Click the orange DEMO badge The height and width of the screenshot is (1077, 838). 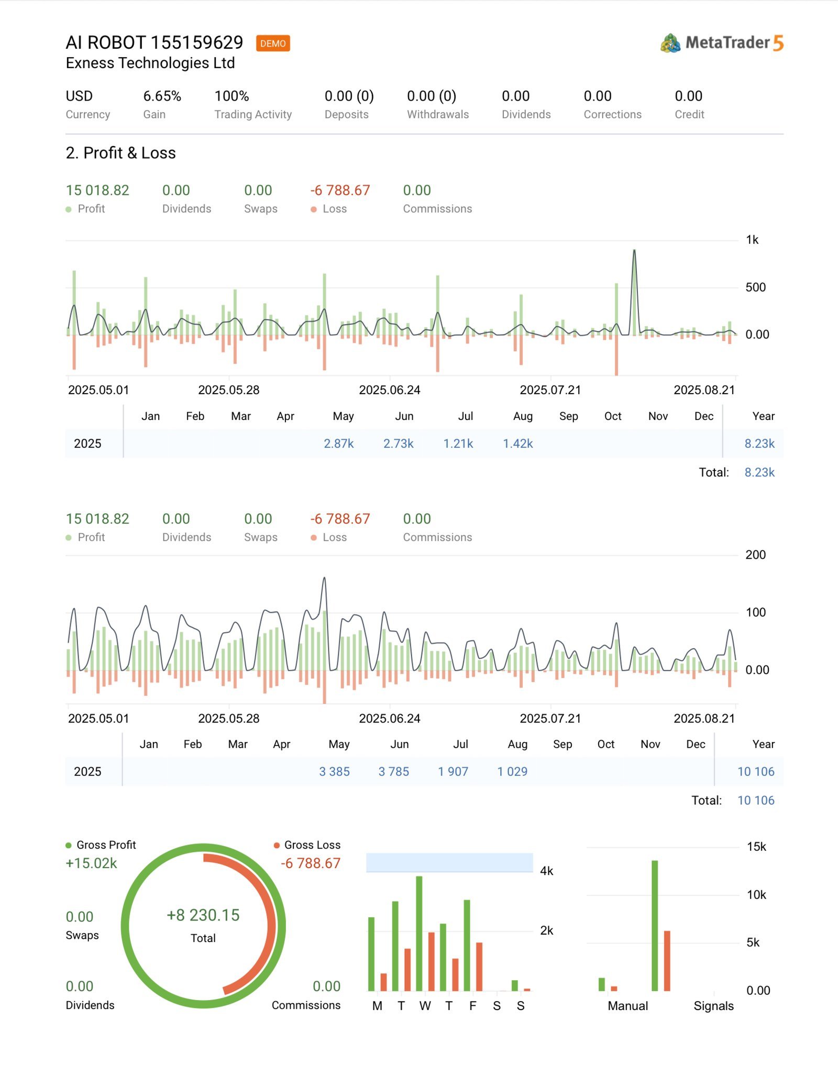[273, 43]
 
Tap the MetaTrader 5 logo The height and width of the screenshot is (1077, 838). [722, 43]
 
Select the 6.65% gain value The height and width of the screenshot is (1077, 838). [162, 96]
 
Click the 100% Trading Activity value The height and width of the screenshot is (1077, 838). [231, 96]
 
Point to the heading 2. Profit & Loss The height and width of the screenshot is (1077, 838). [120, 153]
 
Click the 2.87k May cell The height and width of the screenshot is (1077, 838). [338, 443]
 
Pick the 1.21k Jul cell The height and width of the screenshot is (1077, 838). [458, 443]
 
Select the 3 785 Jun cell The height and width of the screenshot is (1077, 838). [393, 771]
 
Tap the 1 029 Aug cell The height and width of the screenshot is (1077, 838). [512, 771]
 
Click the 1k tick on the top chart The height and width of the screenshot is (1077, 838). [752, 240]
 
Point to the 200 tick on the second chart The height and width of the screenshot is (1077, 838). [755, 554]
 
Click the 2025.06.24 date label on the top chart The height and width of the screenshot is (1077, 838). [389, 390]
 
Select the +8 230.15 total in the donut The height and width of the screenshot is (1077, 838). [203, 915]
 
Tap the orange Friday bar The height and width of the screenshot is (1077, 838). [479, 967]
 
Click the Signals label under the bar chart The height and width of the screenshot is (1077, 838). [713, 1006]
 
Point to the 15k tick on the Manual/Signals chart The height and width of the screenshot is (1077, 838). [756, 847]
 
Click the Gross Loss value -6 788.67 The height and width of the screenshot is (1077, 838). [311, 863]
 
